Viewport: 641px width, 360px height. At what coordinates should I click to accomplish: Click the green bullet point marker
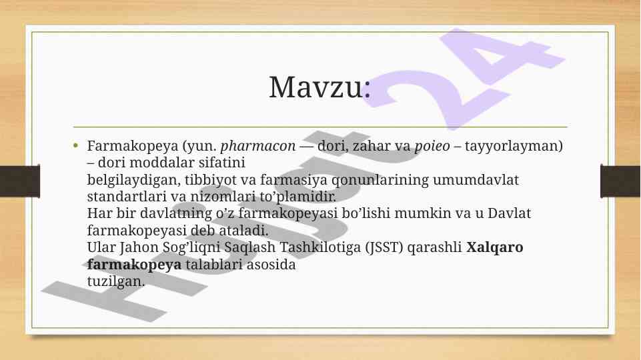75,145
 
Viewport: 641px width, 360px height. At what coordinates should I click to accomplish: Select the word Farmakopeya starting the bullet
133,146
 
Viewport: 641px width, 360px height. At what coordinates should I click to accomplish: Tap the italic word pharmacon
258,146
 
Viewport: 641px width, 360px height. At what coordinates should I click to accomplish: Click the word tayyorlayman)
514,146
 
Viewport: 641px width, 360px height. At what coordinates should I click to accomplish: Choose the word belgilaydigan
133,180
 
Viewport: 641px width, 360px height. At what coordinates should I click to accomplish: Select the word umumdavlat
476,180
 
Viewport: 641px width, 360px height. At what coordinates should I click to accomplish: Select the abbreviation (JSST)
384,247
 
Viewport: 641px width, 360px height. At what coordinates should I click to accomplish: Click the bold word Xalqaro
495,247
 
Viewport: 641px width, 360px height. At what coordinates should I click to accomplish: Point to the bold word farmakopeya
134,265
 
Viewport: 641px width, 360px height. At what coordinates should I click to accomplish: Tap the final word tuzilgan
115,281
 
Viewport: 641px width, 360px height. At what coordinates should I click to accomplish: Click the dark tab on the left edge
19,181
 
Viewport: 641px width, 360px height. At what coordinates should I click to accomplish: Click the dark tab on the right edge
620,181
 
